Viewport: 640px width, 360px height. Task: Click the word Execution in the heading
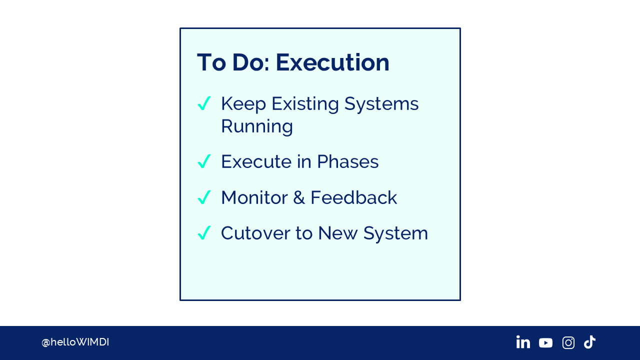[x=332, y=62]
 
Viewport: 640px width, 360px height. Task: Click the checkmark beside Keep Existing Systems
[x=204, y=103]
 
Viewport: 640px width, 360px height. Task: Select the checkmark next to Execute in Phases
[x=204, y=161]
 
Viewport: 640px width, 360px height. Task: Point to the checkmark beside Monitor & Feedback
[x=204, y=197]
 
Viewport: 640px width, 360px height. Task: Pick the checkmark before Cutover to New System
[x=204, y=232]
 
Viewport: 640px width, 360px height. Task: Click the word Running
[x=257, y=127]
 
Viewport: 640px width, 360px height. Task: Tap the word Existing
[x=305, y=104]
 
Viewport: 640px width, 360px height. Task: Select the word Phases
[x=347, y=161]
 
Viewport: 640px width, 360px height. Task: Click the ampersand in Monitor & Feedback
[x=299, y=197]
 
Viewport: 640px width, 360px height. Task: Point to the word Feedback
[x=353, y=197]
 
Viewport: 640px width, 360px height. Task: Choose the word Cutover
[x=255, y=233]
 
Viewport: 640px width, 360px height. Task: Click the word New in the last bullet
[x=337, y=233]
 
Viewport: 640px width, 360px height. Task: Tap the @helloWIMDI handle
[x=75, y=342]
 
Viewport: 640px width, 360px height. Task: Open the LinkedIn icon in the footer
[x=523, y=342]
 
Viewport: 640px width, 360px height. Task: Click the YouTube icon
[x=545, y=343]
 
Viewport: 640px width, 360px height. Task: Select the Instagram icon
[x=568, y=342]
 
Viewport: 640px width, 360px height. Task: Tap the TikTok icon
[x=589, y=342]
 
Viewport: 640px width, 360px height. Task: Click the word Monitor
[x=254, y=197]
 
